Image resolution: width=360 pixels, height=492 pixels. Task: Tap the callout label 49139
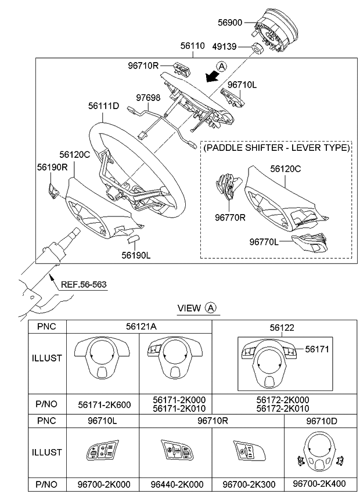pos(231,46)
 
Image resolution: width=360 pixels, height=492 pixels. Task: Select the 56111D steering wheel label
pos(104,106)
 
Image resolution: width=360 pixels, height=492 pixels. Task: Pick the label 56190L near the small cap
pos(136,254)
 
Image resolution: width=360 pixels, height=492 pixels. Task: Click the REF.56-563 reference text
pos(84,284)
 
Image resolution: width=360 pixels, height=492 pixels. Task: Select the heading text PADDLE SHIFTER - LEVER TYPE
pos(276,148)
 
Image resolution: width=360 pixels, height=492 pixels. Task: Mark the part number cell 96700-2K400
pos(318,483)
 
